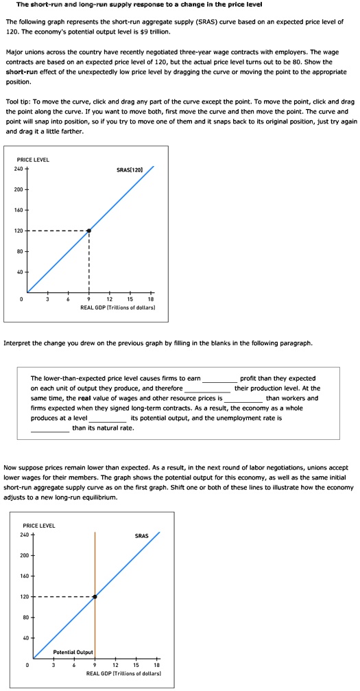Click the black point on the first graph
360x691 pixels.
(89, 231)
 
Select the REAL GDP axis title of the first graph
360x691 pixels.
(117, 307)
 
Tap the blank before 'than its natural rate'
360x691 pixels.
(50, 428)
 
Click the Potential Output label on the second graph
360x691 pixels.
(73, 651)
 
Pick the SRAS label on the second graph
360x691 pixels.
(141, 535)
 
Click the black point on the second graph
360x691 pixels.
(95, 597)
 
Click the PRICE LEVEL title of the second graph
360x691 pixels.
(38, 526)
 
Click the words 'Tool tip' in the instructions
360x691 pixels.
(17, 101)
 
